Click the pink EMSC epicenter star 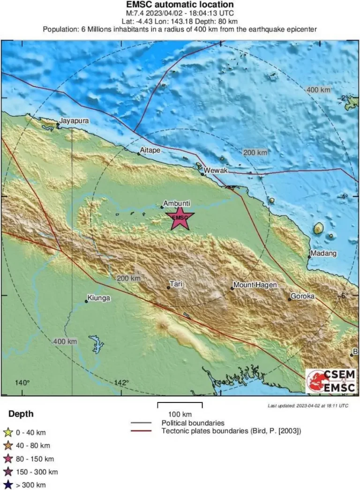click(x=180, y=218)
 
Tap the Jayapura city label click(x=74, y=120)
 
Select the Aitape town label click(x=150, y=150)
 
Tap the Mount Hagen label click(x=255, y=285)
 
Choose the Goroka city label click(x=302, y=296)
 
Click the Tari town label click(x=176, y=284)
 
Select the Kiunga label click(x=98, y=298)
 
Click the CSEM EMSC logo click(x=330, y=381)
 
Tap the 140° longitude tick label click(x=22, y=383)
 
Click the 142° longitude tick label click(x=121, y=383)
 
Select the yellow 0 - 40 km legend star click(x=7, y=432)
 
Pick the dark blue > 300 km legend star click(x=7, y=485)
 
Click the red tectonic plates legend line click(x=141, y=431)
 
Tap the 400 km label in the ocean click(x=318, y=89)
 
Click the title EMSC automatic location click(x=180, y=5)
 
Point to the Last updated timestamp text click(x=307, y=406)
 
